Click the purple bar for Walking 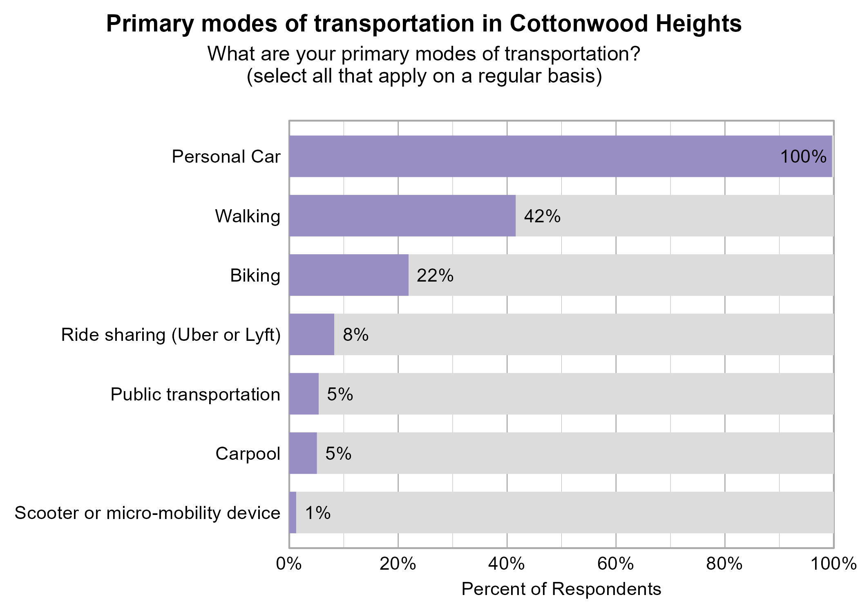(x=402, y=216)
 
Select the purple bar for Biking (x=349, y=275)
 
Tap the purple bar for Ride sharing (x=311, y=334)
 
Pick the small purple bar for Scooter (x=293, y=512)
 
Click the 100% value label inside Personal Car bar (x=803, y=157)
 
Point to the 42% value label (x=542, y=216)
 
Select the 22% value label (x=435, y=276)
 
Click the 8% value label (x=355, y=335)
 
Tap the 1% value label (x=318, y=513)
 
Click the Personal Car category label (x=226, y=157)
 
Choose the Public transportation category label (x=195, y=395)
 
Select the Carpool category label (x=248, y=454)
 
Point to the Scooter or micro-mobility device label (x=147, y=513)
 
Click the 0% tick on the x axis (x=289, y=564)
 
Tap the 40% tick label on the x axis (x=507, y=564)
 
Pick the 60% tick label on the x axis (x=616, y=564)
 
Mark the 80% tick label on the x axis (x=724, y=564)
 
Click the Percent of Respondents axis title (x=561, y=589)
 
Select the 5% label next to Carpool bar (x=338, y=454)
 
